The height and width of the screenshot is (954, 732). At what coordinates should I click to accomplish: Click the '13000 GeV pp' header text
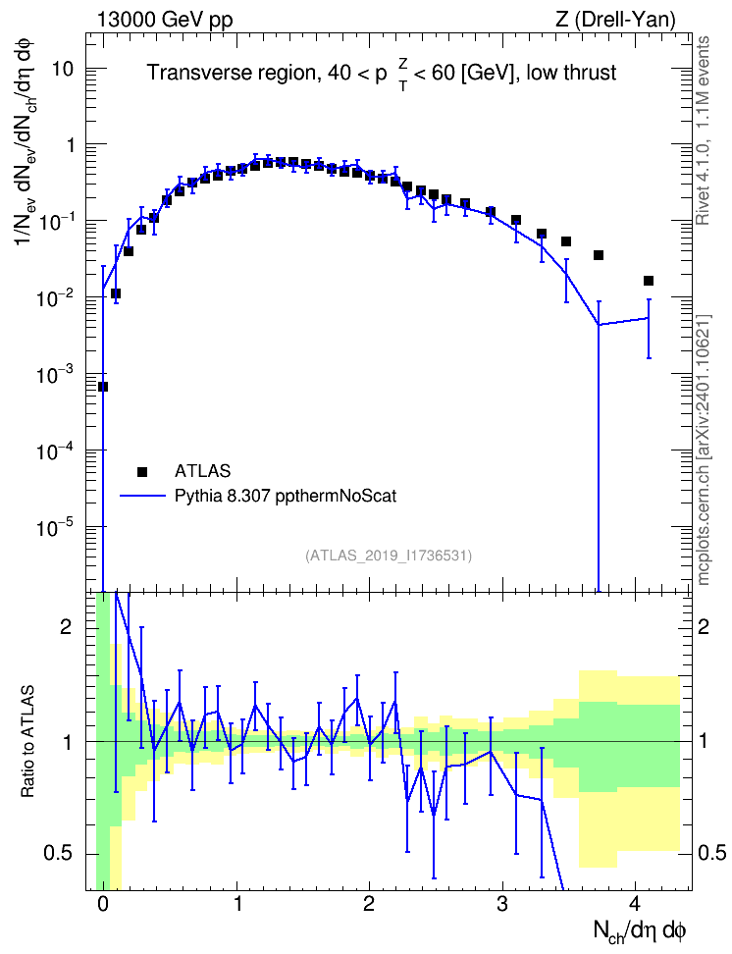164,20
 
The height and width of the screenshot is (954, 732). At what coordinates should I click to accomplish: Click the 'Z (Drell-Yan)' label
615,20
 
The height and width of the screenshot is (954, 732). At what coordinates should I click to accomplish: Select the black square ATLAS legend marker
142,471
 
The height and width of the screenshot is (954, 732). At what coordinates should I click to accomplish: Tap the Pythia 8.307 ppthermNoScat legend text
286,496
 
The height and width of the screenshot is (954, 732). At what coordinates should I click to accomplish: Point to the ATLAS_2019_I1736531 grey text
389,555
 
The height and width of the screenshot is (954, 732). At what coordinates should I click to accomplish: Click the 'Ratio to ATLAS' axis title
27,741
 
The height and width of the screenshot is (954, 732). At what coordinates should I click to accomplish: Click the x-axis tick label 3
502,903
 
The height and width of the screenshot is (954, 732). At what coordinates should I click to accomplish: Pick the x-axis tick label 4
635,903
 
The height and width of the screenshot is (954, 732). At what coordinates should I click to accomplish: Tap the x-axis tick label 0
103,903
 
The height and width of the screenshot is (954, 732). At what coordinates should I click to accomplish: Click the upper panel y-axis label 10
62,69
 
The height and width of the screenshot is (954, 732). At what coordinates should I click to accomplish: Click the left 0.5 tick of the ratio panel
59,854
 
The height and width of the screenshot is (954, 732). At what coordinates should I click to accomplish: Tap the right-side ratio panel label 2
704,626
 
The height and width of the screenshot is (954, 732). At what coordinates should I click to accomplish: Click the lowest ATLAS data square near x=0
103,387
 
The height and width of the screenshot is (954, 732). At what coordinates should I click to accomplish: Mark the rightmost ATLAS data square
648,281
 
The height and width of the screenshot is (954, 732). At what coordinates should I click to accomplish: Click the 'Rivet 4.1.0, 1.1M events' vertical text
704,131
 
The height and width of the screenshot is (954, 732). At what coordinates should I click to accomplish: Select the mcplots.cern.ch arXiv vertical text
704,450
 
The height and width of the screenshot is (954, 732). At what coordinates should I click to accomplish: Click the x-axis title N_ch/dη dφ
639,931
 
